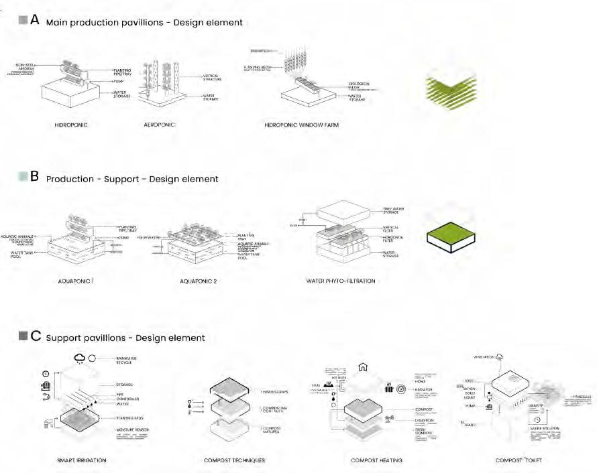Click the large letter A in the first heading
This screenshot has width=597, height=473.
(x=36, y=19)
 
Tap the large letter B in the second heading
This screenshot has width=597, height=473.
(x=36, y=177)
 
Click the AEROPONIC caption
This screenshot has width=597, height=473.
(x=160, y=125)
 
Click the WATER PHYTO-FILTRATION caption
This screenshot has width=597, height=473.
(x=340, y=281)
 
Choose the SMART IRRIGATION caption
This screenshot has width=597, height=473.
(x=81, y=460)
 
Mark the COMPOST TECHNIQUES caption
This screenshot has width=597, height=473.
(x=234, y=460)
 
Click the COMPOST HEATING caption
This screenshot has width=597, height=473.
(x=376, y=460)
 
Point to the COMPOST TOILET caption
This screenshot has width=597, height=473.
(x=519, y=460)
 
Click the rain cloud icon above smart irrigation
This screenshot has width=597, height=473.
(x=80, y=358)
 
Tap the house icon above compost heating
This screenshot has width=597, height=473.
(x=363, y=366)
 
